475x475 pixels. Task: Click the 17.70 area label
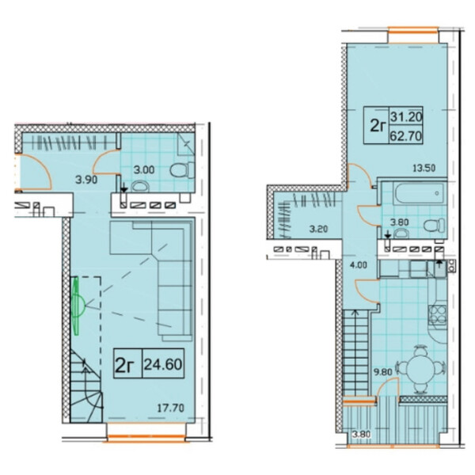coord(170,408)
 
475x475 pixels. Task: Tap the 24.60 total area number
coord(163,364)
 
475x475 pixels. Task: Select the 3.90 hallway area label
coord(86,180)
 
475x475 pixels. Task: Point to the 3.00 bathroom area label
coord(144,169)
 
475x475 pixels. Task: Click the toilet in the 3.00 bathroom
coord(182,170)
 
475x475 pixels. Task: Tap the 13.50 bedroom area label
coord(424,168)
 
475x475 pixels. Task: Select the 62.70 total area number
coord(405,136)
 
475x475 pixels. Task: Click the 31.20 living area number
coord(406,116)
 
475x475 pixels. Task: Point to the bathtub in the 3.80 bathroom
coord(420,193)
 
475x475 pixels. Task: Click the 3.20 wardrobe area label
coord(318,229)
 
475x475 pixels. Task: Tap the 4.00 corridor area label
coord(359,265)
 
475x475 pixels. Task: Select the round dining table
coord(421,369)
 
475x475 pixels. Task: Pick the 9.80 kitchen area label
coord(383,372)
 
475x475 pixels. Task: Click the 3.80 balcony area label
coord(361,435)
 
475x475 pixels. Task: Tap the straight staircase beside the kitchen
coord(356,353)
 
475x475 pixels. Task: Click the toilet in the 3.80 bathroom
coord(435,226)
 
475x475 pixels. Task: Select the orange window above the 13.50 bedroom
coord(413,29)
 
